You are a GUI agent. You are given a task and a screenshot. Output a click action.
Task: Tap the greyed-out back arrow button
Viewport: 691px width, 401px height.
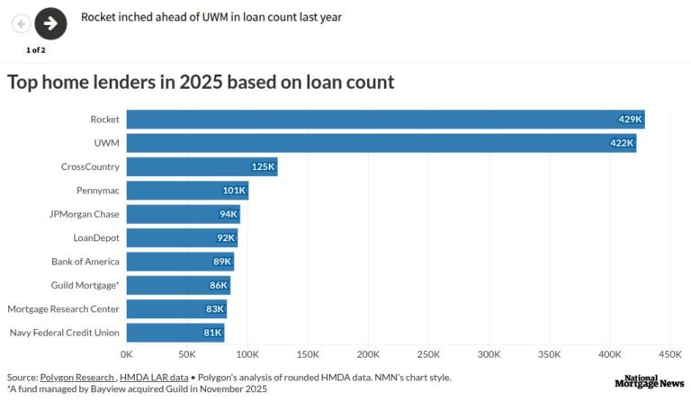click(x=20, y=23)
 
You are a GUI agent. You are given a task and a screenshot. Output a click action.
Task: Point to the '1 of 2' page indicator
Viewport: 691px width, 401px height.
click(x=36, y=49)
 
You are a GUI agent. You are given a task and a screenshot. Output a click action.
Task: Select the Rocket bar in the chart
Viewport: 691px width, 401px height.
click(x=385, y=119)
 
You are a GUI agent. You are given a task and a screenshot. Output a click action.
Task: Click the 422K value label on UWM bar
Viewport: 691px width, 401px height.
click(x=622, y=142)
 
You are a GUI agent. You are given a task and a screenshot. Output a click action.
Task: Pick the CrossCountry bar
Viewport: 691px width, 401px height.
click(x=202, y=166)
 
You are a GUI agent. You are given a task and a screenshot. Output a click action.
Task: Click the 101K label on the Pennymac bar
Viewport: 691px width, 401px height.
click(x=234, y=190)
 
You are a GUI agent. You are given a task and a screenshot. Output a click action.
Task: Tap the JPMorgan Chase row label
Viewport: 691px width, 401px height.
click(x=84, y=214)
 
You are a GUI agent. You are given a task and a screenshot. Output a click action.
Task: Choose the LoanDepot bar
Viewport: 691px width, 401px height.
click(x=181, y=237)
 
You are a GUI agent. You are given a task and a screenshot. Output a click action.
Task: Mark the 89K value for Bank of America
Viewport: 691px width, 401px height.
click(x=221, y=262)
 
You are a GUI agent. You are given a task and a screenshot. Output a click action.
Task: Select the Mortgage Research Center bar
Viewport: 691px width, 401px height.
click(x=176, y=309)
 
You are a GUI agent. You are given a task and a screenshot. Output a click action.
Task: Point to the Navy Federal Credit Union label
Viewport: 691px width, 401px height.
click(x=64, y=333)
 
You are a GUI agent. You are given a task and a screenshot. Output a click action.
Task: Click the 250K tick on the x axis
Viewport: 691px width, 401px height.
click(x=428, y=354)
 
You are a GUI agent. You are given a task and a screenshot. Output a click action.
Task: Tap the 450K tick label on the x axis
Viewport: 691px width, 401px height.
click(x=670, y=354)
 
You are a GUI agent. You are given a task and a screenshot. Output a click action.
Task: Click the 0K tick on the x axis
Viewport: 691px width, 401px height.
click(x=126, y=354)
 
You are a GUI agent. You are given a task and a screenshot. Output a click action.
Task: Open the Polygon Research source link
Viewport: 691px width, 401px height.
click(x=76, y=378)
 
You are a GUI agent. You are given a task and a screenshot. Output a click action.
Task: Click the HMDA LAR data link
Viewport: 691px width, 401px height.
click(x=154, y=378)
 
